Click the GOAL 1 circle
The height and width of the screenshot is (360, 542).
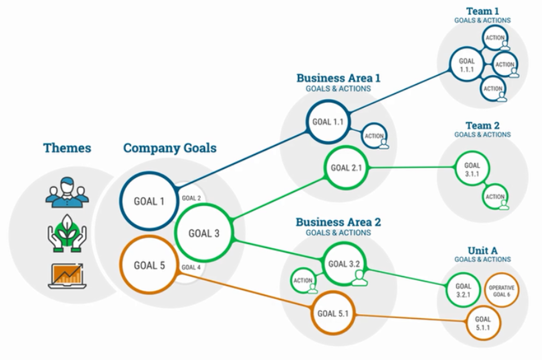149,201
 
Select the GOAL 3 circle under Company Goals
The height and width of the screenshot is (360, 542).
204,233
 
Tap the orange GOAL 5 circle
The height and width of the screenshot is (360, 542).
149,265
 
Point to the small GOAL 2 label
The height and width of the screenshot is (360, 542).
191,198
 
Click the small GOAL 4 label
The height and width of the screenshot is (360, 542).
191,267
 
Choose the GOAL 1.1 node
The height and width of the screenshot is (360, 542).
327,122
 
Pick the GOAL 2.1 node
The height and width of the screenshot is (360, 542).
346,167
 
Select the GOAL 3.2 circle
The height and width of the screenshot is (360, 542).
344,264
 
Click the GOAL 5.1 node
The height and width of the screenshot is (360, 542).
333,314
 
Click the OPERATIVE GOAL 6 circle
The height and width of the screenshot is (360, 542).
502,291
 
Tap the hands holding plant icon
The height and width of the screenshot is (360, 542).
67,233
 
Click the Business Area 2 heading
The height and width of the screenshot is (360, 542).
338,222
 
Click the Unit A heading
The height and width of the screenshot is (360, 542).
483,250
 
